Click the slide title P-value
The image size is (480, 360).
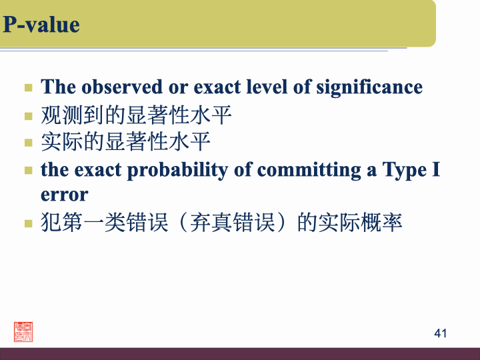tap(41, 25)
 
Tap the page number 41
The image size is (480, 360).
tap(440, 333)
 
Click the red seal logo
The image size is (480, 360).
tap(23, 331)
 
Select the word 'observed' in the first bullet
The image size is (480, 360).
tap(113, 87)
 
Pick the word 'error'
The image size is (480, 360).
tap(64, 195)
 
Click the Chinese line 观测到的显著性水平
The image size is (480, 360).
tap(136, 115)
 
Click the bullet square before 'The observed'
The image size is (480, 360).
tap(28, 87)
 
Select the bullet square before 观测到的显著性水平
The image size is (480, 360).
tap(28, 116)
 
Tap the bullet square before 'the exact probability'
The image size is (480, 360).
tap(28, 170)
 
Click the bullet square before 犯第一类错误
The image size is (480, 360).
tap(28, 223)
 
